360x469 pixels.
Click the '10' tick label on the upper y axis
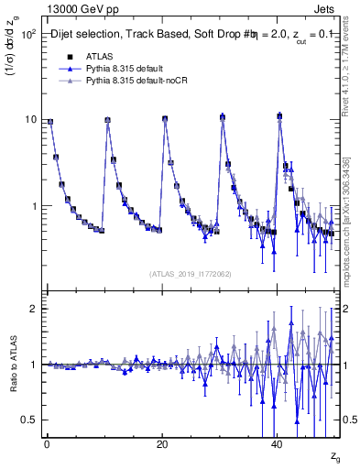pyautogui.click(x=28, y=120)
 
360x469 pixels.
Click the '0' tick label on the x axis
pyautogui.click(x=47, y=444)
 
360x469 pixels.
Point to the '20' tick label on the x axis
pyautogui.click(x=162, y=444)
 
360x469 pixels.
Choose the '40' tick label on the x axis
pyautogui.click(x=278, y=444)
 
